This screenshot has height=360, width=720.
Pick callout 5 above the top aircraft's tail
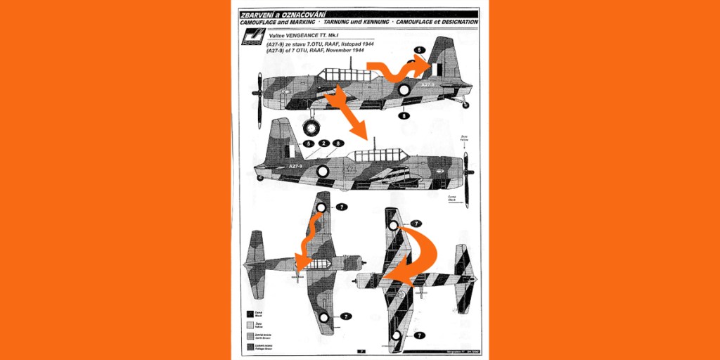click(419, 50)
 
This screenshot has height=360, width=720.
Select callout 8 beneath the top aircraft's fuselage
click(404, 115)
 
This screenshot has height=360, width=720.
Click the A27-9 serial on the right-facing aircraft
click(296, 167)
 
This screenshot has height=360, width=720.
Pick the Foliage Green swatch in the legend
click(250, 346)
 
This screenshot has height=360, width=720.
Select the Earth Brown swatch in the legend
click(250, 335)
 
